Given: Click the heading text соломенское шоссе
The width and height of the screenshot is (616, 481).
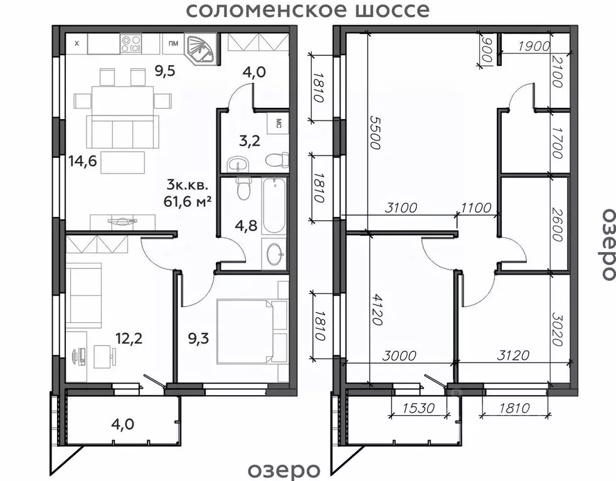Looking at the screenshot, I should pyautogui.click(x=309, y=11).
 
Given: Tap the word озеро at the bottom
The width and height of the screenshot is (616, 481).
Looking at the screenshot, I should pyautogui.click(x=284, y=470).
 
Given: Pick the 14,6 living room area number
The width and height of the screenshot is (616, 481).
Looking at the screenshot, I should pyautogui.click(x=82, y=161).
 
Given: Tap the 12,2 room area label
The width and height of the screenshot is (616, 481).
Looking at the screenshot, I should pyautogui.click(x=129, y=339).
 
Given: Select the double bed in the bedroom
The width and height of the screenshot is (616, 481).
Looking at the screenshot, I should pyautogui.click(x=248, y=331).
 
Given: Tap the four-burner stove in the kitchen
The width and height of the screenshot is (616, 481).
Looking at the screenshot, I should pyautogui.click(x=133, y=43).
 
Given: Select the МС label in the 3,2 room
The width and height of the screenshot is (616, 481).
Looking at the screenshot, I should pyautogui.click(x=277, y=123).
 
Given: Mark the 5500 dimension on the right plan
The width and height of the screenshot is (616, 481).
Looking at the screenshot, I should pyautogui.click(x=374, y=132).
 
